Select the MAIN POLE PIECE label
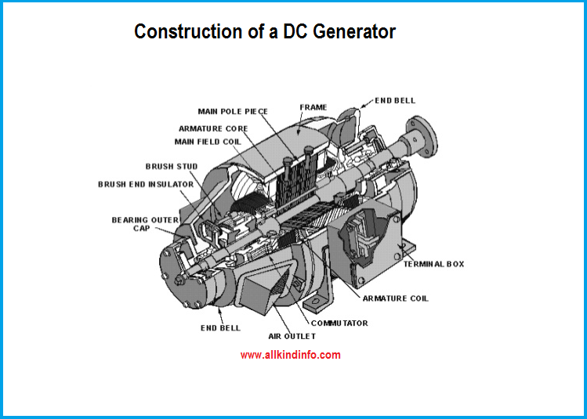click(233, 112)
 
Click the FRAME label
click(313, 107)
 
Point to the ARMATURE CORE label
click(213, 128)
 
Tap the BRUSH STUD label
click(172, 166)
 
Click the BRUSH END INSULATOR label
click(146, 184)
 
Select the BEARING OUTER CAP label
click(145, 225)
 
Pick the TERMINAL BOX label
click(433, 264)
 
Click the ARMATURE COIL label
click(395, 298)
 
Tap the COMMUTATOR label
click(339, 323)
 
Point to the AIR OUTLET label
click(292, 336)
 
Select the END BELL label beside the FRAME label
click(395, 100)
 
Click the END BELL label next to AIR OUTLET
click(220, 327)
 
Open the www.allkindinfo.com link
click(290, 355)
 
